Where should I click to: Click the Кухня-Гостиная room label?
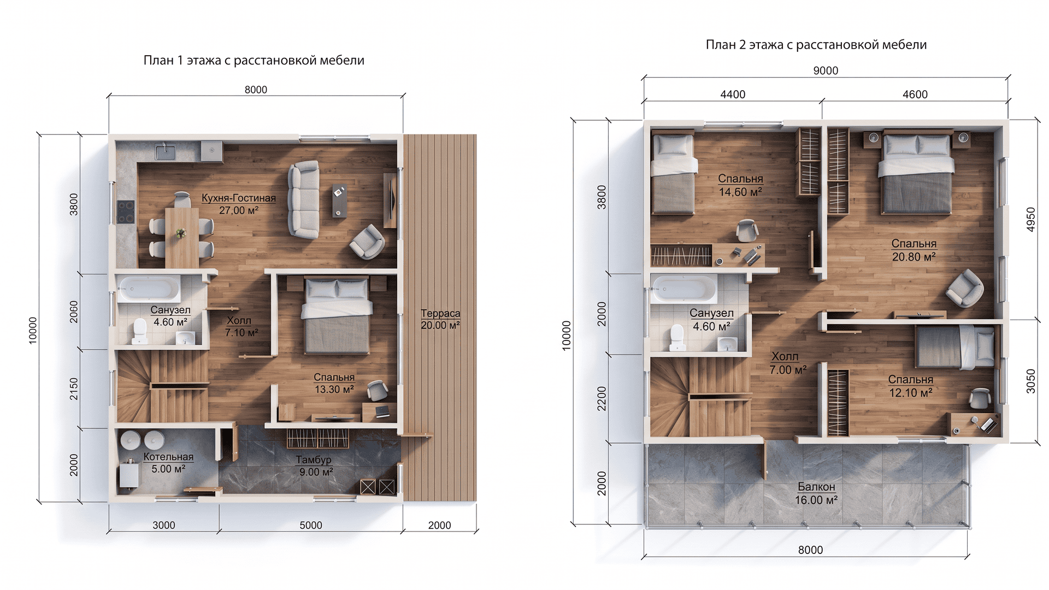[x=239, y=198]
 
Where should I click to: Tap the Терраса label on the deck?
[x=440, y=314]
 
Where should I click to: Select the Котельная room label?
[x=168, y=457]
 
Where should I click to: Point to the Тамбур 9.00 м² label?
[x=314, y=466]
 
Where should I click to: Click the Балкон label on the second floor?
[x=816, y=487]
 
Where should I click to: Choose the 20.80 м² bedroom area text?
[x=914, y=257]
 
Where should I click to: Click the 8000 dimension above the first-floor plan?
[x=256, y=90]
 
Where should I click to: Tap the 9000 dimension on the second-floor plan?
[x=826, y=70]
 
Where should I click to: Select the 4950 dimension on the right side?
[x=1031, y=220]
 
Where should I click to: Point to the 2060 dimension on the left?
[x=74, y=311]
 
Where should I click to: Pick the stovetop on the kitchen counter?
[x=126, y=212]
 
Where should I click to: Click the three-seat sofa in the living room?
[x=304, y=199]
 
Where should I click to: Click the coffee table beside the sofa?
[x=339, y=200]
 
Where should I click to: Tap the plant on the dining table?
[x=181, y=233]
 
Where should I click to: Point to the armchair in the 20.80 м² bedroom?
[x=965, y=288]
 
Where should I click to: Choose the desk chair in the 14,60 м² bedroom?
[x=746, y=230]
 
